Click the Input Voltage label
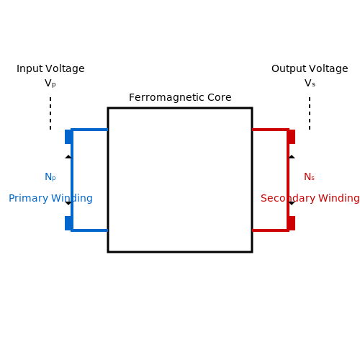pos(50,69)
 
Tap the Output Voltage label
pos(310,69)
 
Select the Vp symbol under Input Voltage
pos(50,84)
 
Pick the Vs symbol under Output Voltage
pos(310,84)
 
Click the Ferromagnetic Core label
pos(180,97)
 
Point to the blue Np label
pos(50,177)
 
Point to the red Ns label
pos(310,177)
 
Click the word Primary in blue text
pos(28,199)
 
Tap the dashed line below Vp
pos(50,113)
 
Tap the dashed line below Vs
pos(310,113)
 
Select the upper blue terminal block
pos(68,137)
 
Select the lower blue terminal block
pos(68,223)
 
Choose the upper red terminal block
pos(292,137)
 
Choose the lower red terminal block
pos(292,223)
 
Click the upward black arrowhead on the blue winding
pos(68,157)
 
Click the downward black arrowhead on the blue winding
pos(68,203)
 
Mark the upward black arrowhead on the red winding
pos(292,157)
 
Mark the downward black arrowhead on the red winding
pos(292,203)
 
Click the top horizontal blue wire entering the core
pos(89,130)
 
